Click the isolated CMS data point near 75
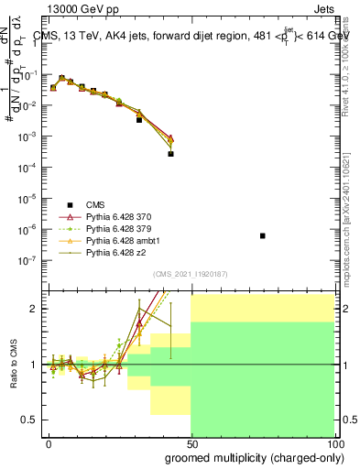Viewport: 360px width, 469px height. pos(263,235)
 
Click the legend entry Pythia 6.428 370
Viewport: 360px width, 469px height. pos(114,216)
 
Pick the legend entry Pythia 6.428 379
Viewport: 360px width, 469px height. pos(114,228)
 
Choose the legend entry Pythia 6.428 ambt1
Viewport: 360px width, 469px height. pos(116,240)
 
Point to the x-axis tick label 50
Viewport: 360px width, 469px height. pos(192,442)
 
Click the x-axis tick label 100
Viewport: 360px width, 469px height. pos(334,442)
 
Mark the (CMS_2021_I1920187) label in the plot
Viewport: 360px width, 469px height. pos(191,273)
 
